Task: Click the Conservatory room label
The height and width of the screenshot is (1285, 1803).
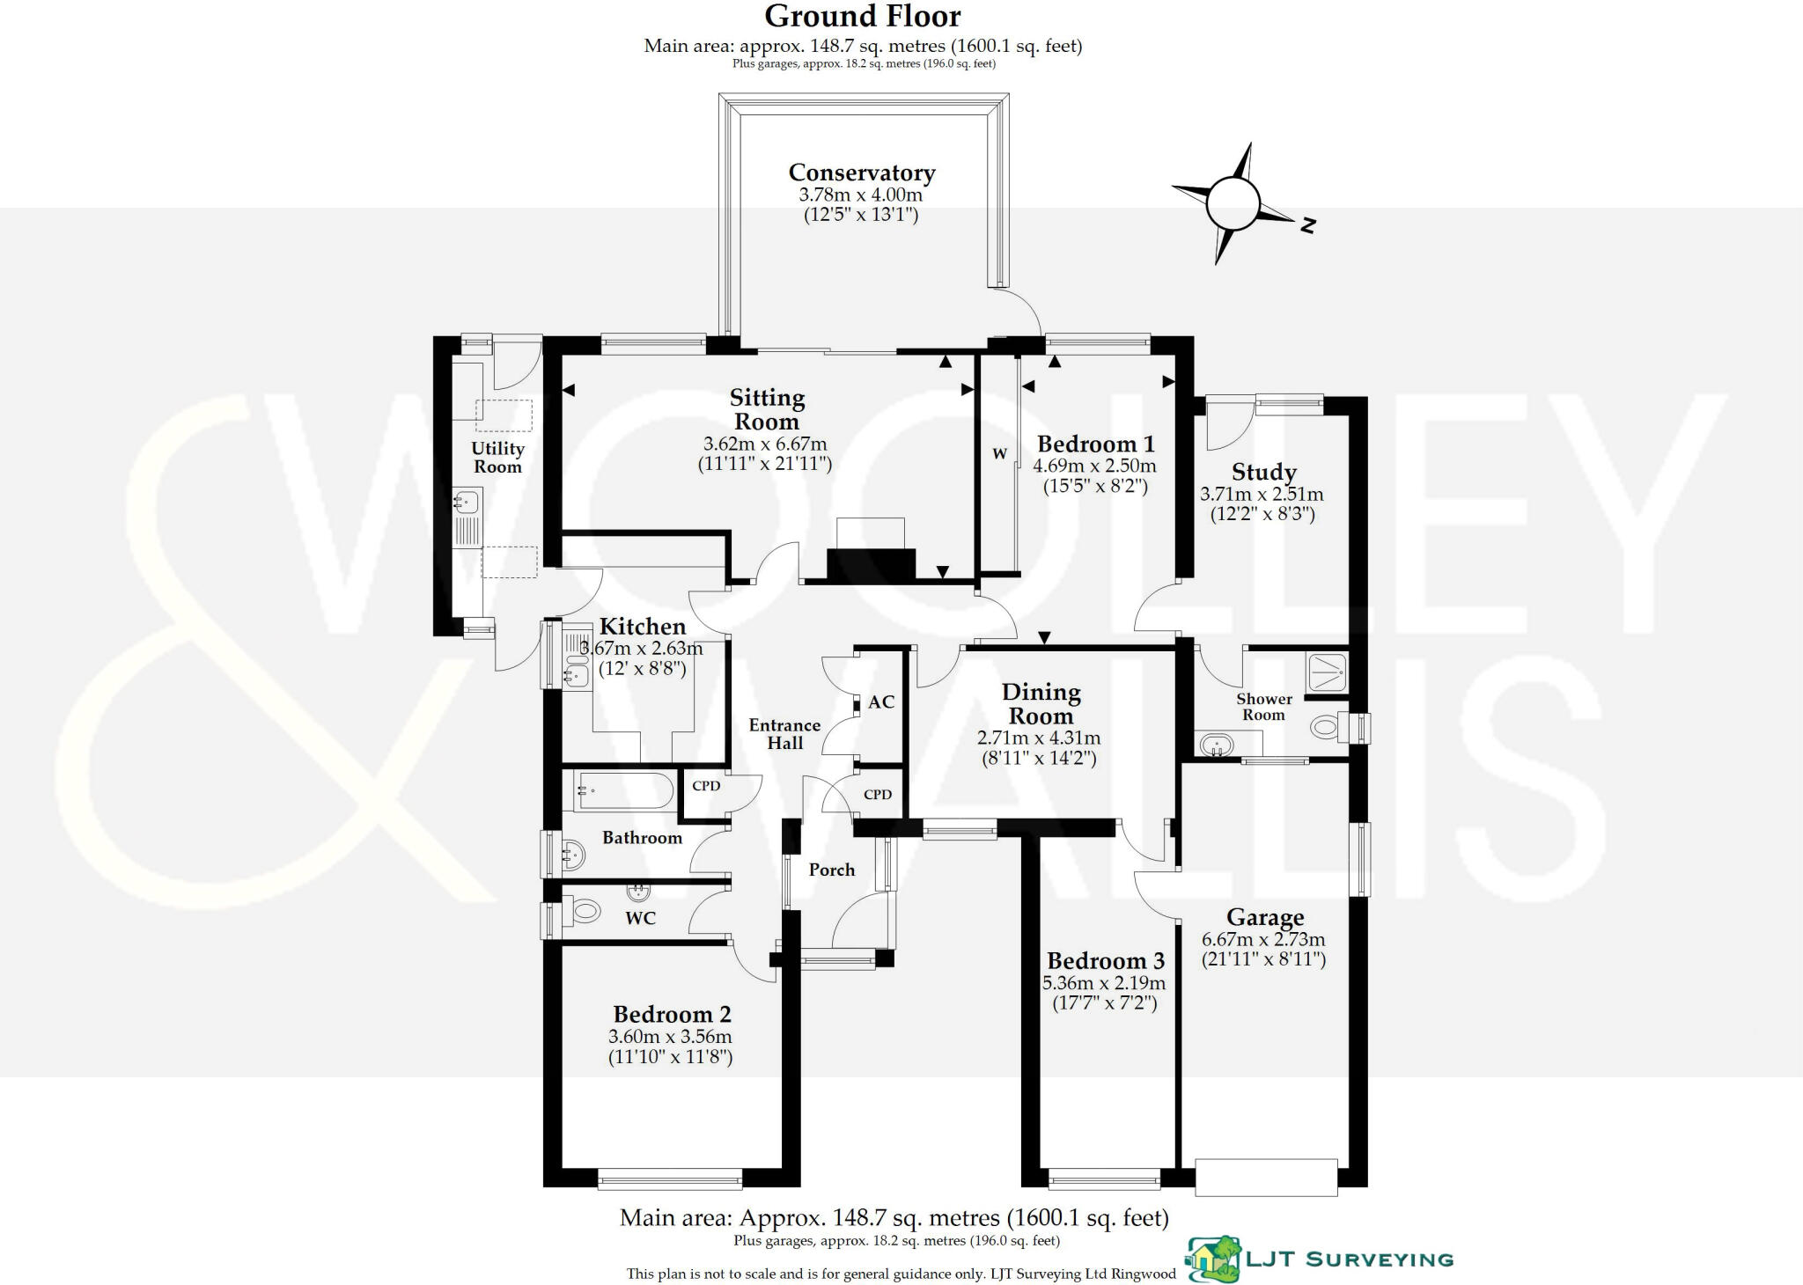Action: point(861,173)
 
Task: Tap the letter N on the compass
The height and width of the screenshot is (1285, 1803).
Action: point(1308,225)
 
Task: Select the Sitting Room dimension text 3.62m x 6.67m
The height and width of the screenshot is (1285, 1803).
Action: point(765,444)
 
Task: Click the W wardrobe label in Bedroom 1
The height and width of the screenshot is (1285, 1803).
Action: point(999,454)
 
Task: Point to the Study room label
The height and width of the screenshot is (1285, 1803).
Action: point(1263,473)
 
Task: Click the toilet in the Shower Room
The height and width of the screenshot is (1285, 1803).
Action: point(1326,727)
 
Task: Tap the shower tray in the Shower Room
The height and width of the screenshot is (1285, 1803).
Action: point(1326,672)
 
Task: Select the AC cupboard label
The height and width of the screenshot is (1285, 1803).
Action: point(881,702)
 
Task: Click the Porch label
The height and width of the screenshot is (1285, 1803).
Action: point(832,870)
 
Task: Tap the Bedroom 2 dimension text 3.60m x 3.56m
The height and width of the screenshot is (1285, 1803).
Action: point(670,1037)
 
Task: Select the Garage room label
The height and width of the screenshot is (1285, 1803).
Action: point(1265,918)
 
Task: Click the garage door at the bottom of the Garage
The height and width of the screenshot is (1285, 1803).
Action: point(1266,1177)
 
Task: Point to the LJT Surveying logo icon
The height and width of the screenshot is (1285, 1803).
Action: point(1212,1259)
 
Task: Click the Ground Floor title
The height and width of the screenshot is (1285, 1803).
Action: point(862,16)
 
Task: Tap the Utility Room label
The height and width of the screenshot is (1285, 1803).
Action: point(497,458)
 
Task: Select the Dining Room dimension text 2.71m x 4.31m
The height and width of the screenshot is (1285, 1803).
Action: point(1039,738)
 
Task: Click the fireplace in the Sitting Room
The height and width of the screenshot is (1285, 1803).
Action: point(871,562)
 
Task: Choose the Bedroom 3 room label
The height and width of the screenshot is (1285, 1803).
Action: point(1105,960)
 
